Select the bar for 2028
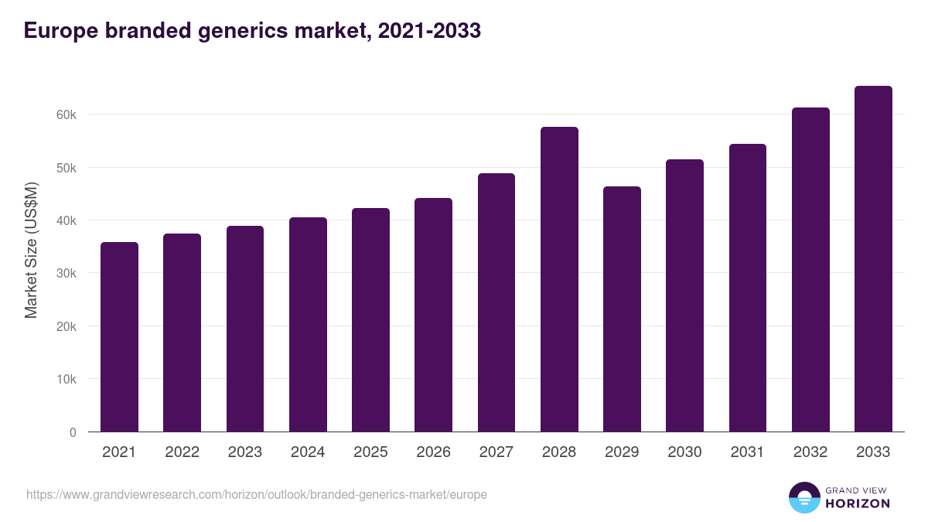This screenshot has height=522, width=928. click(x=559, y=279)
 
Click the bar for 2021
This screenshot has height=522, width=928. click(x=119, y=337)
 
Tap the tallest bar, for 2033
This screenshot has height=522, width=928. click(x=873, y=259)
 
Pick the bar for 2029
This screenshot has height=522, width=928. click(x=622, y=309)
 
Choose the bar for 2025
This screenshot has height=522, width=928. click(x=370, y=320)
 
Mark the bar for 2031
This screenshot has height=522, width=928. click(x=747, y=288)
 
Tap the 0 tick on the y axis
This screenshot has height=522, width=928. click(x=73, y=433)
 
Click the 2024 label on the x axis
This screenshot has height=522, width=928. click(x=308, y=452)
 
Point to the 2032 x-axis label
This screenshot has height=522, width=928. click(x=810, y=452)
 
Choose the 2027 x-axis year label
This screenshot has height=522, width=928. click(x=496, y=452)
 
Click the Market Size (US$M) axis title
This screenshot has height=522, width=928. click(x=31, y=250)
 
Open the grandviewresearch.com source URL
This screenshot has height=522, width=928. click(x=257, y=494)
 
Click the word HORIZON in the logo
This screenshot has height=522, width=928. click(x=857, y=503)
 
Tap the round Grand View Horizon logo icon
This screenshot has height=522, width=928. click(x=804, y=497)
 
